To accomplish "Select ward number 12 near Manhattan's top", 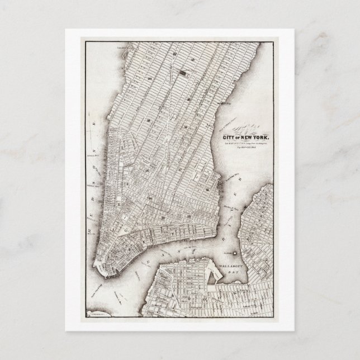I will pyautogui.click(x=174, y=54).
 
